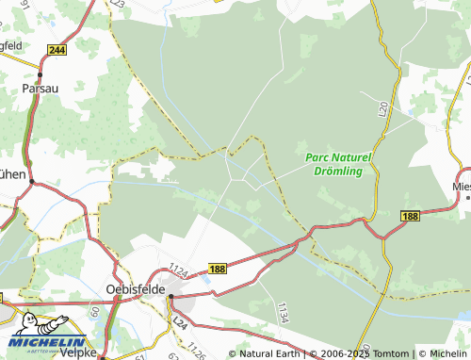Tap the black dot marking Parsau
pos(41,74)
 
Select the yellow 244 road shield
pos(57,49)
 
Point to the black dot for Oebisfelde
pos(171,298)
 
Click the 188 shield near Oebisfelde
pos(216,270)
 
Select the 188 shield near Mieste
pos(408,216)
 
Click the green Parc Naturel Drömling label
pos(340,164)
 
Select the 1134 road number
pos(283,310)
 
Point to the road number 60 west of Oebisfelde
pos(94,310)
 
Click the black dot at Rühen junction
pos(31,181)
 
